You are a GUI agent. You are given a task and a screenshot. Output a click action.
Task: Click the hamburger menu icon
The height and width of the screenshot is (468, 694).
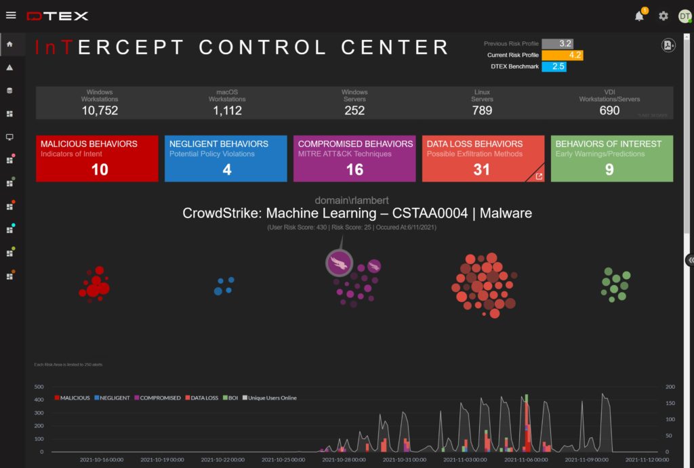point(11,15)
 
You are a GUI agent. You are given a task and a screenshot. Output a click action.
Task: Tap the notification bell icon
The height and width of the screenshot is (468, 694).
point(639,16)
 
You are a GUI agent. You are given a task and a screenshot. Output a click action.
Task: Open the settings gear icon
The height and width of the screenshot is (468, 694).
point(664,16)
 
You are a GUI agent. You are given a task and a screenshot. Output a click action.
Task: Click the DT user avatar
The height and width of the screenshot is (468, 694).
point(685,16)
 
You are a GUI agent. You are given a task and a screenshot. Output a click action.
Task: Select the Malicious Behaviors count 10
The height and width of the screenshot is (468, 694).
point(100,170)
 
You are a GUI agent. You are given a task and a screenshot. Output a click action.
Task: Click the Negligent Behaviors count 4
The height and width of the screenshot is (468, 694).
point(227,170)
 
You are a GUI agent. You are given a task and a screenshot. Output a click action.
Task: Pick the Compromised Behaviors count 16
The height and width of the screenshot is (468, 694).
point(354,170)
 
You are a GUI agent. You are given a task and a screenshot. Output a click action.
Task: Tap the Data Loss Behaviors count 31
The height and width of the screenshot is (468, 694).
point(481,170)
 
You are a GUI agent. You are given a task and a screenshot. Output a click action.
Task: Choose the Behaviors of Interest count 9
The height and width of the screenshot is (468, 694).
point(609,170)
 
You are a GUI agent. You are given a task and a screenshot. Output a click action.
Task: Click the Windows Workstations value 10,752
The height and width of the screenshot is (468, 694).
point(100,110)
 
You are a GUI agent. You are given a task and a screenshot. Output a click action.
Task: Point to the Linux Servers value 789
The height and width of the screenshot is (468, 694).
point(482,110)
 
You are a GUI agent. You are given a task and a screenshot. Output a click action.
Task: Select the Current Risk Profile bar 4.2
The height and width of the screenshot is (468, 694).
point(563,55)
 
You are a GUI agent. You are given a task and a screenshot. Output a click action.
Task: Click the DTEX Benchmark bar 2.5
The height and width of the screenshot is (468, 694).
point(554,66)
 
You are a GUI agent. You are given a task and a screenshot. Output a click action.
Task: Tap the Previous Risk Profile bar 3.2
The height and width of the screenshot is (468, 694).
point(557,43)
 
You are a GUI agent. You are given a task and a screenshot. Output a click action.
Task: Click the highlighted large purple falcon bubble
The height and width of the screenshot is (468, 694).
point(340,263)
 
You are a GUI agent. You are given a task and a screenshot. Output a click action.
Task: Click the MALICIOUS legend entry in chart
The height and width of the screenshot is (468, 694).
point(72,398)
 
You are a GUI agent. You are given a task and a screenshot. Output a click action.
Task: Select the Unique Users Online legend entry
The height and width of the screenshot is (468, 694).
point(270,398)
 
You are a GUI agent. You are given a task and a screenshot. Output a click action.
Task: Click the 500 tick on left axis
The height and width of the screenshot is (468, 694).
point(39,387)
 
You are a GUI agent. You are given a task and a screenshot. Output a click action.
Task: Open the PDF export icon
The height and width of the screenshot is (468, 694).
point(668,45)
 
